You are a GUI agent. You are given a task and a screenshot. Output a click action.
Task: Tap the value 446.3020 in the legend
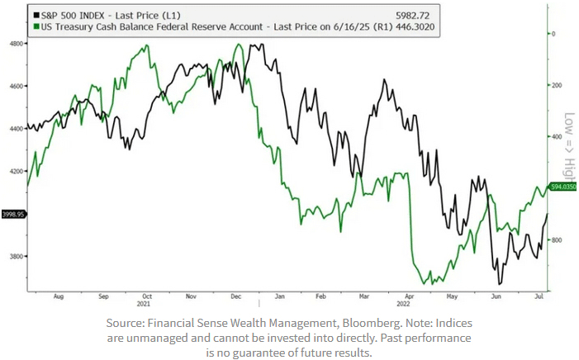417,27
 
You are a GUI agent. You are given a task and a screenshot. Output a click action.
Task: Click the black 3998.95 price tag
13,214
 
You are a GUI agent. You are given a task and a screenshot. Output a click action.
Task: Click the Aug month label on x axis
59,296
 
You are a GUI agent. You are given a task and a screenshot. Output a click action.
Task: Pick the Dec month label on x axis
236,296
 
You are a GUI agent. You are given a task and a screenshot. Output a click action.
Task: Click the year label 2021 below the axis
145,303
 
